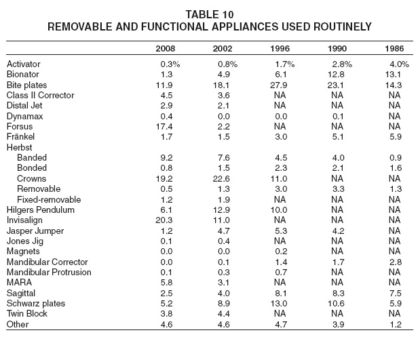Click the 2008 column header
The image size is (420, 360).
coord(166,48)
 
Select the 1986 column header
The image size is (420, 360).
coord(394,48)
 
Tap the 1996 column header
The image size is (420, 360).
coord(280,48)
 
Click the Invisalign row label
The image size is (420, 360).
coord(24,220)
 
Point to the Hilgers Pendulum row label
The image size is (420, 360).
coord(41,210)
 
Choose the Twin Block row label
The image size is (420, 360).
coord(26,313)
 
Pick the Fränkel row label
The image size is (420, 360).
coord(20,137)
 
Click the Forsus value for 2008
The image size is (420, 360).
coord(164,126)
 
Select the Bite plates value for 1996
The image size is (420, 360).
coord(279,85)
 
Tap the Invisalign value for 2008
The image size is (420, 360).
coord(164,220)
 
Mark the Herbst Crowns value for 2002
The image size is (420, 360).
coord(221,178)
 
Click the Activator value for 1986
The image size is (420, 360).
coord(400,64)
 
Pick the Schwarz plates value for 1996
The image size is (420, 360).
coord(279,304)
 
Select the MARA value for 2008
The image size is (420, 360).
coord(166,283)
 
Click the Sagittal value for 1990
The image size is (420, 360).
coord(338,293)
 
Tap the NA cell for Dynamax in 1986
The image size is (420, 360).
coord(394,116)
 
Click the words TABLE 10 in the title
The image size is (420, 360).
coord(210,14)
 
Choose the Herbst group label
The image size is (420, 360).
coord(19,147)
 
